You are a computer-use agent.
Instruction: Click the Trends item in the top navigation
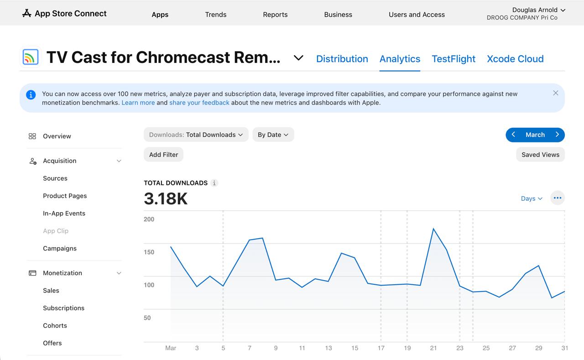[x=216, y=15]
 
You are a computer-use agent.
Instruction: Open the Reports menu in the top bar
[x=275, y=15]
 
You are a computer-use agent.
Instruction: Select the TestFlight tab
[x=454, y=59]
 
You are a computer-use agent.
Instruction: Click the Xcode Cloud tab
[x=515, y=59]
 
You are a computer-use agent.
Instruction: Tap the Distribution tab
[x=342, y=59]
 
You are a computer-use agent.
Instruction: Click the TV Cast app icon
[x=31, y=57]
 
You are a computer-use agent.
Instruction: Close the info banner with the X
[x=556, y=93]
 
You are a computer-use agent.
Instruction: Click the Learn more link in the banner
[x=138, y=103]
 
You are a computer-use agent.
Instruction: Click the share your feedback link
[x=199, y=103]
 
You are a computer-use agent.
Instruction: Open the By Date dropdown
[x=273, y=135]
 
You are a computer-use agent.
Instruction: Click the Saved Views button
[x=540, y=155]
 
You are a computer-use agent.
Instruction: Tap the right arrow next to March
[x=557, y=135]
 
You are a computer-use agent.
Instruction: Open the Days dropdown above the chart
[x=532, y=198]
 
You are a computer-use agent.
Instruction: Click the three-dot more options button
[x=558, y=198]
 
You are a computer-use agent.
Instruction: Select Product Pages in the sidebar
[x=65, y=196]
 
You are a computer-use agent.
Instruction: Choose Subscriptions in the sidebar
[x=63, y=308]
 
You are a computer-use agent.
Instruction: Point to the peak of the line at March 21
[x=433, y=229]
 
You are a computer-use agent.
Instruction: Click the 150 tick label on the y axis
[x=149, y=252]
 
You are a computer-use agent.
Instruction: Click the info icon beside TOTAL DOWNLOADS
[x=214, y=183]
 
